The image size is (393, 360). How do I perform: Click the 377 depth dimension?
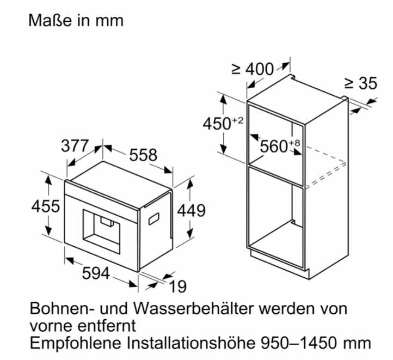point(75,145)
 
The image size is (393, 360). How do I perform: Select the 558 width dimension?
point(143,155)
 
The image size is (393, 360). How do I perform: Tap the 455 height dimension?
point(46,206)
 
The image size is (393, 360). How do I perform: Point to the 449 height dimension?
point(191,210)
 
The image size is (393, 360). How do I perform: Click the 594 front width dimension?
point(96,273)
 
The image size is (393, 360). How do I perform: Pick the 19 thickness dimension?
point(178,286)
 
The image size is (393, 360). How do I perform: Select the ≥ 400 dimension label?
point(253,69)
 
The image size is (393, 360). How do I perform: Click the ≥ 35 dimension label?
point(361,83)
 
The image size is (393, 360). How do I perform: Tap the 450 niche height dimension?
point(217,124)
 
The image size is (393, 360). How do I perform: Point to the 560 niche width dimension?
point(274,147)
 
